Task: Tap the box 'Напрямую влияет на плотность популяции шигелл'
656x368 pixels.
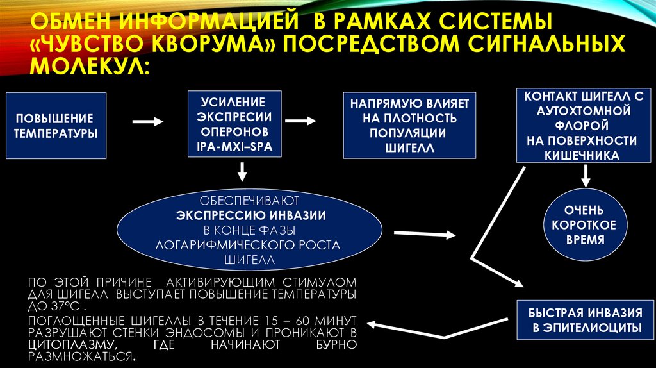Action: click(x=409, y=126)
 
